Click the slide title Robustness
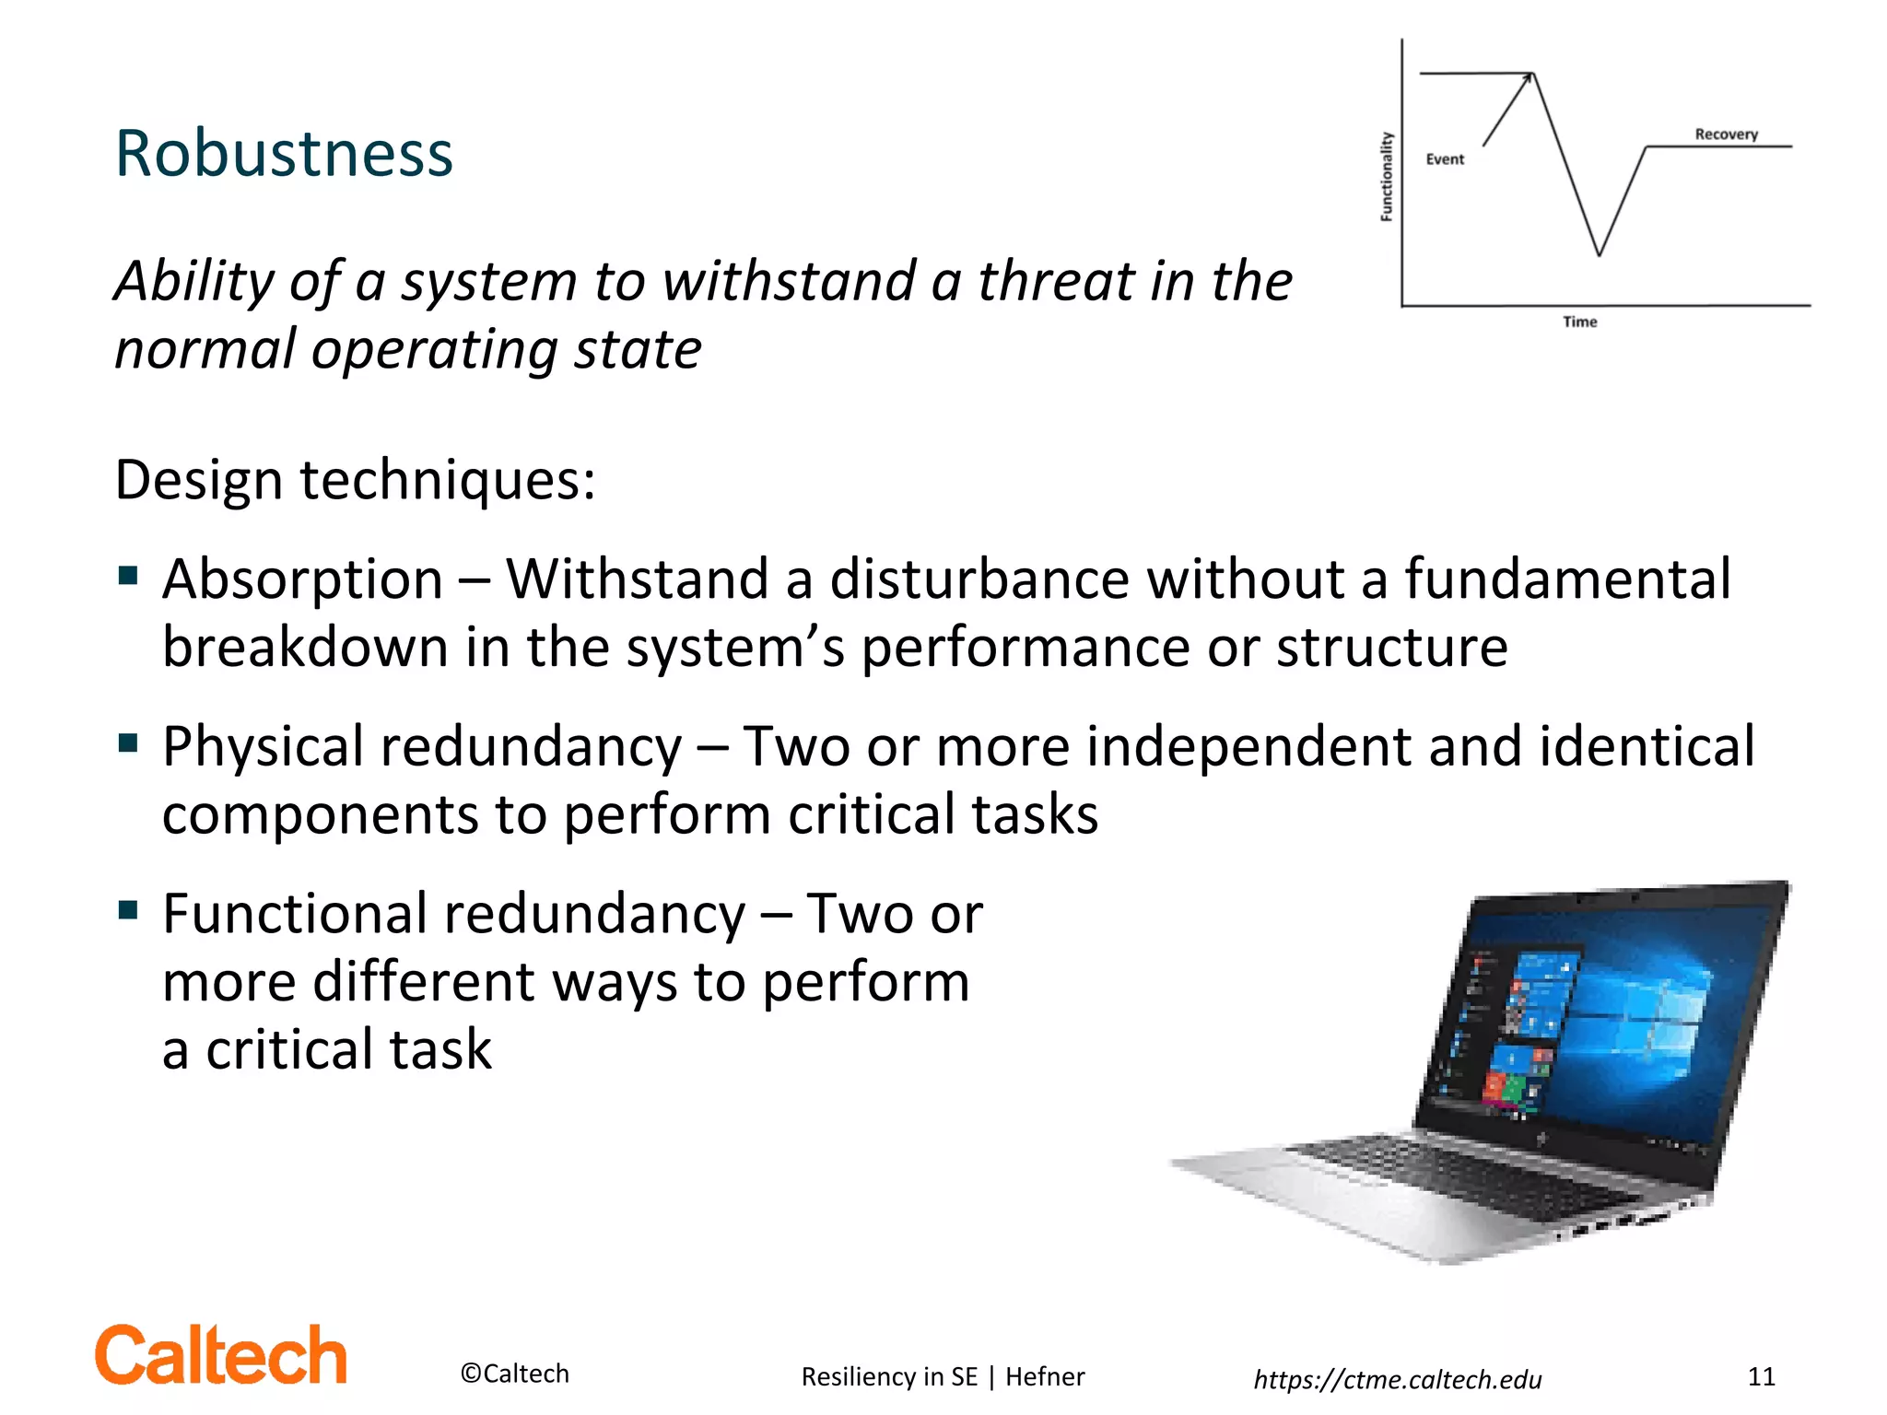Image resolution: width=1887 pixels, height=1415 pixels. (284, 154)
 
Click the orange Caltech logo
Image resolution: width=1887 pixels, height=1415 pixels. (221, 1356)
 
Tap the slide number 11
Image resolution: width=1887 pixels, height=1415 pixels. (1761, 1376)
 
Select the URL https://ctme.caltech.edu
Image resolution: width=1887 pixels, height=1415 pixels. (1397, 1379)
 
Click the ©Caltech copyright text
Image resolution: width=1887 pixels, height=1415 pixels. (514, 1374)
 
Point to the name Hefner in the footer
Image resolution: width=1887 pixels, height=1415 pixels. (1045, 1376)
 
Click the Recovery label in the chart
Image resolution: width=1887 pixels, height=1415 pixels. (1726, 134)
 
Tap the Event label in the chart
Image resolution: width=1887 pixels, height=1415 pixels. (1445, 159)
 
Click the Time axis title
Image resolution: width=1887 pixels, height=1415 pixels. (1579, 322)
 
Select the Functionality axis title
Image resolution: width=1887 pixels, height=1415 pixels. (1386, 177)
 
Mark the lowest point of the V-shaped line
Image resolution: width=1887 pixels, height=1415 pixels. (1599, 253)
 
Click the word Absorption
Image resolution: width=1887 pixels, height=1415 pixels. (303, 579)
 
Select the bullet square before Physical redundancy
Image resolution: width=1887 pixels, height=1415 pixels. (128, 743)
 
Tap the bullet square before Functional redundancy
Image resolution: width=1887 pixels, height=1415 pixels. (128, 910)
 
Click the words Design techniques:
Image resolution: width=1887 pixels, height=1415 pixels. (355, 480)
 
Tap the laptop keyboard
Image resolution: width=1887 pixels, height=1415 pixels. (1474, 1175)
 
